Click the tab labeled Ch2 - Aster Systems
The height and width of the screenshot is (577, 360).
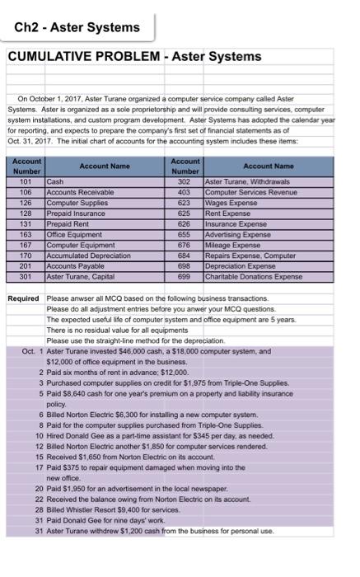tap(77, 27)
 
